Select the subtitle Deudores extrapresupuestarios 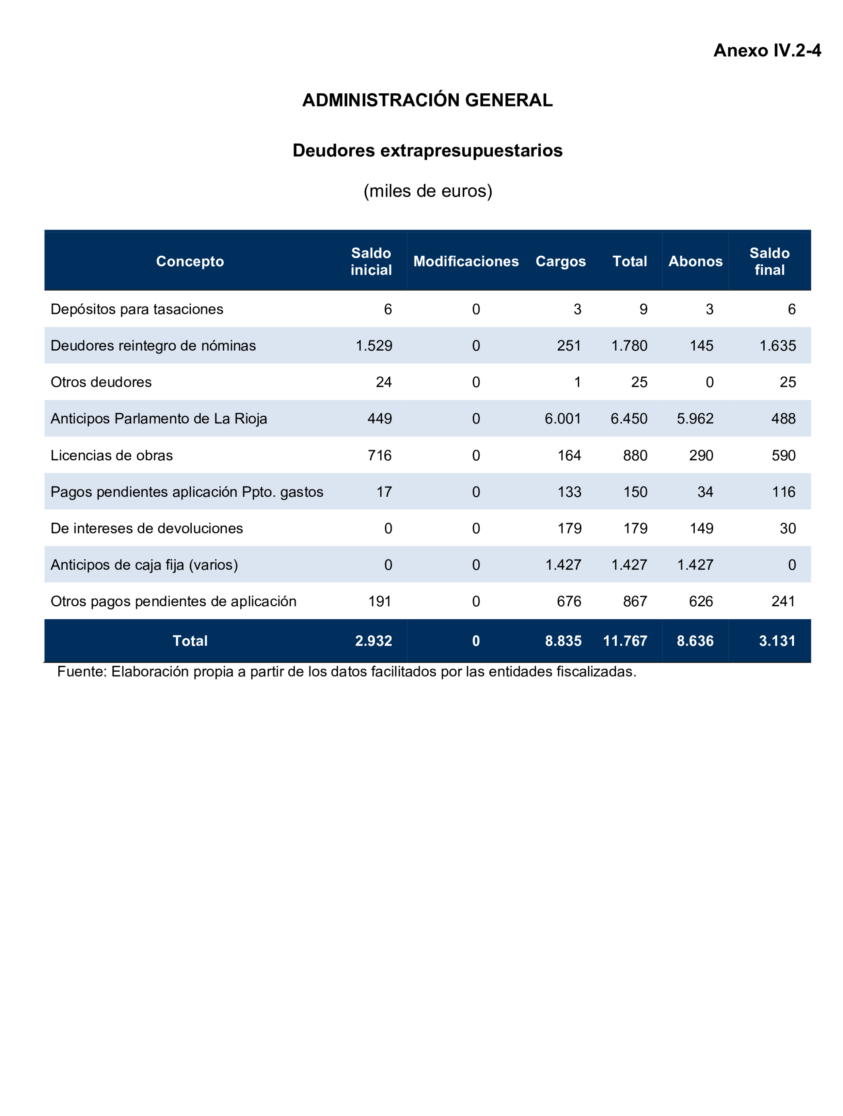tap(427, 150)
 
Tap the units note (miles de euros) tap(427, 191)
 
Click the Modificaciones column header tap(466, 261)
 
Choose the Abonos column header tap(695, 261)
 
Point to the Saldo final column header tap(769, 261)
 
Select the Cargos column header tap(560, 261)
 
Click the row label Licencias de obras tap(111, 455)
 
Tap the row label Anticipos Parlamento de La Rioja tap(158, 419)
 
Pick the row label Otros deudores tap(101, 382)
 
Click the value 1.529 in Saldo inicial tap(373, 346)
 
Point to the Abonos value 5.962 tap(695, 419)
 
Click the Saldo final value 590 tap(783, 455)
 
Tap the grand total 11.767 tap(625, 641)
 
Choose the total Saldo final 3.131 tap(777, 641)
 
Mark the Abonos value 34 tap(705, 492)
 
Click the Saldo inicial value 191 tap(379, 601)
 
